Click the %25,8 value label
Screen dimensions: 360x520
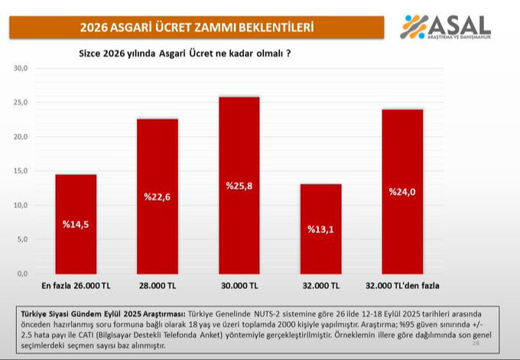click(x=239, y=186)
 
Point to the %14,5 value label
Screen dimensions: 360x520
click(x=76, y=225)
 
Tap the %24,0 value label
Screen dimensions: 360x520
click(x=402, y=192)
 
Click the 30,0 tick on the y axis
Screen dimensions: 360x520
click(x=21, y=68)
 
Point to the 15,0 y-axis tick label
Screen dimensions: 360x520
click(x=21, y=170)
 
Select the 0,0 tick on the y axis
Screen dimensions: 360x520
click(x=22, y=274)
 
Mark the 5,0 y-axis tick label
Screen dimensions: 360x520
click(x=22, y=239)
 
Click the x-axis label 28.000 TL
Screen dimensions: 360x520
click(x=157, y=286)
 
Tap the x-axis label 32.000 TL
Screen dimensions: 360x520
click(x=320, y=286)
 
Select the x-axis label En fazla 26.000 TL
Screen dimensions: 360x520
click(x=76, y=286)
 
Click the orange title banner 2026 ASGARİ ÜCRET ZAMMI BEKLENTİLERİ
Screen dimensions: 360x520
click(x=197, y=28)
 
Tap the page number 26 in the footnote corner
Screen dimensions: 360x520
click(x=476, y=344)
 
